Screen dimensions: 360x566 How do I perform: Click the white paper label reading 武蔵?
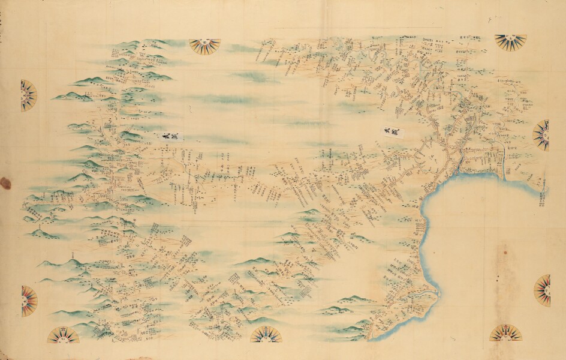click(x=390, y=130)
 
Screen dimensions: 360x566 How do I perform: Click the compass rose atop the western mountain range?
click(x=204, y=46)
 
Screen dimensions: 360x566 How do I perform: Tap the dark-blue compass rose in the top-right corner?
click(x=510, y=41)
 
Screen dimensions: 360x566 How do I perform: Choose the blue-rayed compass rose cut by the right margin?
click(x=543, y=135)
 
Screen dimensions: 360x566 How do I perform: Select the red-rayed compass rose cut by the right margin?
click(x=543, y=290)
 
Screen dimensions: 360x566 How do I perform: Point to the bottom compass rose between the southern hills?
click(x=266, y=334)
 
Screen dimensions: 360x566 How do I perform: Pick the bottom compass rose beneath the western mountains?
click(x=63, y=334)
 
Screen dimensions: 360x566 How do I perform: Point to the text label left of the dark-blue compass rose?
click(x=473, y=37)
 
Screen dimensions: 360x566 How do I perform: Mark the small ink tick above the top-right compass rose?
click(x=490, y=19)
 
